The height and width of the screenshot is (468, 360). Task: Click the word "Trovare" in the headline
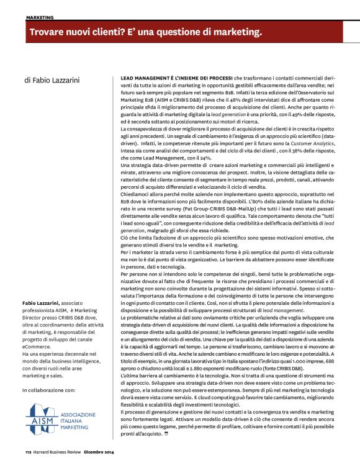pyautogui.click(x=50, y=31)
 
